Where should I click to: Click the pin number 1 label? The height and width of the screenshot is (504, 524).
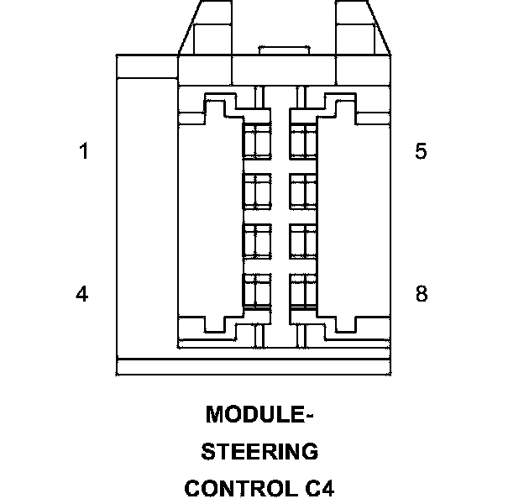pyautogui.click(x=82, y=152)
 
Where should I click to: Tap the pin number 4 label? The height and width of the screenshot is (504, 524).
pyautogui.click(x=82, y=295)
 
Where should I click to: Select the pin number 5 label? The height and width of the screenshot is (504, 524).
pyautogui.click(x=421, y=152)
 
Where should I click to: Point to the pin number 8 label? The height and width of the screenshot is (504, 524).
pyautogui.click(x=421, y=295)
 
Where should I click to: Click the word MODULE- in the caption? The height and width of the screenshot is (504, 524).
pyautogui.click(x=259, y=415)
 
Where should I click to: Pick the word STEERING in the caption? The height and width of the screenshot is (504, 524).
pyautogui.click(x=260, y=452)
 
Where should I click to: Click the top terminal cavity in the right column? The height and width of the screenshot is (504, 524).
pyautogui.click(x=302, y=140)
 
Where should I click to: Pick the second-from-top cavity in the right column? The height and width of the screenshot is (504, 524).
pyautogui.click(x=302, y=191)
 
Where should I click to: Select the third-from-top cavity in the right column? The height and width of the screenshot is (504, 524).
pyautogui.click(x=302, y=240)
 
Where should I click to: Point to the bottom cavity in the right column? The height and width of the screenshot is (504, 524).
pyautogui.click(x=302, y=290)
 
